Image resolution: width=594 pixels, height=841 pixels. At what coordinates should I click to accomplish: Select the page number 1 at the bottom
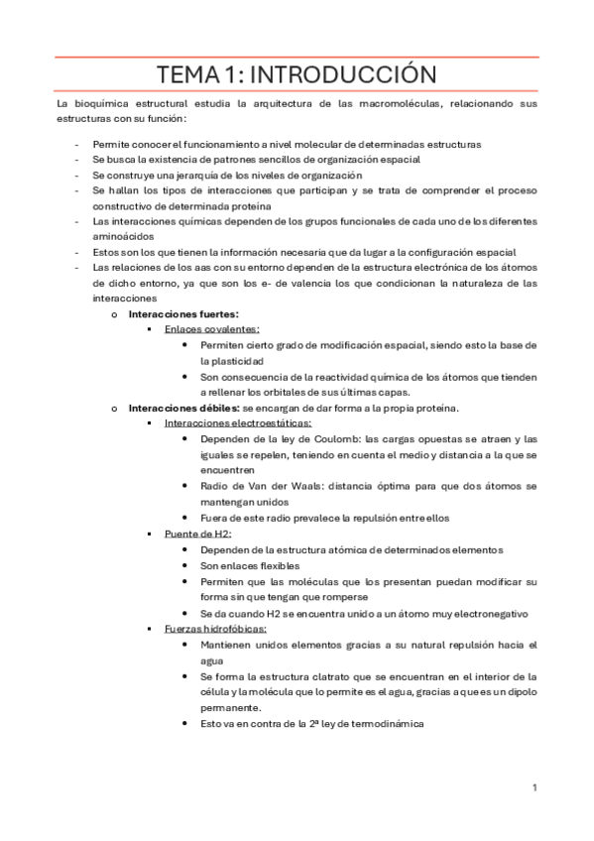tap(535, 787)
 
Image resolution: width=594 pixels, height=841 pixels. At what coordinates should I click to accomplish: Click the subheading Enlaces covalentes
tap(212, 328)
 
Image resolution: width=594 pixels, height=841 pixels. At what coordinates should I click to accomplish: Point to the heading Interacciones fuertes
tap(183, 313)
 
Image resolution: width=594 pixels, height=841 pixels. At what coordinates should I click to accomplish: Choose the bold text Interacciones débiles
tap(183, 408)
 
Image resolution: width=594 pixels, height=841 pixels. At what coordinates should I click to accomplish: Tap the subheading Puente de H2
tap(198, 533)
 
